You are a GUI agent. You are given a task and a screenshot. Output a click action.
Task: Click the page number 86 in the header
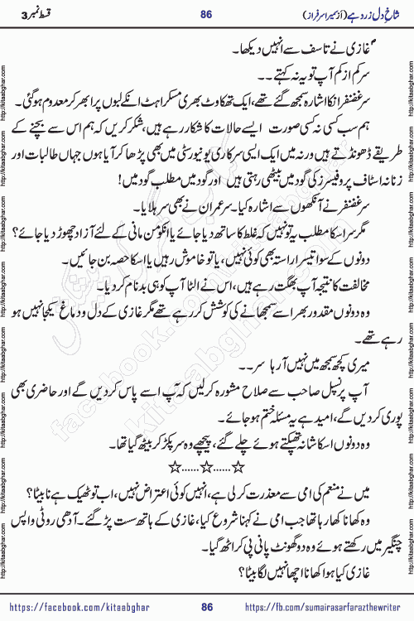[206, 11]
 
